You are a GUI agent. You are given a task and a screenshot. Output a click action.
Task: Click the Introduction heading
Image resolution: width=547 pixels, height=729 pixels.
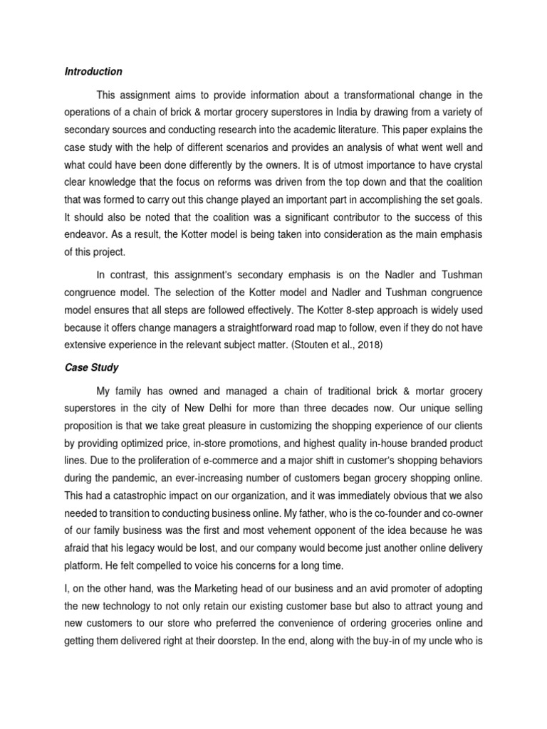(93, 71)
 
